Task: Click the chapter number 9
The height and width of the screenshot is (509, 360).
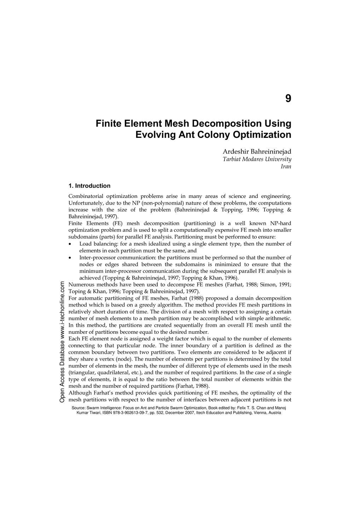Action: [x=288, y=99]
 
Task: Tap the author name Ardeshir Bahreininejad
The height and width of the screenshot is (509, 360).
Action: [x=257, y=152]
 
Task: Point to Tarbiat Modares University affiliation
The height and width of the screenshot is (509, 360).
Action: [x=257, y=159]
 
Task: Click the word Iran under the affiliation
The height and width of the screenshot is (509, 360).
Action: [x=286, y=166]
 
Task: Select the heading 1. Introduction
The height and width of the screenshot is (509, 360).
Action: [x=89, y=186]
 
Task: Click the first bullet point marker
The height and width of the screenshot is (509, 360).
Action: [x=70, y=244]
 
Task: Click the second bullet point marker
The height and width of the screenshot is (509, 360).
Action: [x=70, y=258]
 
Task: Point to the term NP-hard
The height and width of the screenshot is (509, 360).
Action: [x=280, y=223]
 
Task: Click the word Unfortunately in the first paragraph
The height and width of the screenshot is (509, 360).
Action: [x=85, y=203]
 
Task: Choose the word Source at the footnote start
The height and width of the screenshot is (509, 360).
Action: [x=79, y=408]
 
